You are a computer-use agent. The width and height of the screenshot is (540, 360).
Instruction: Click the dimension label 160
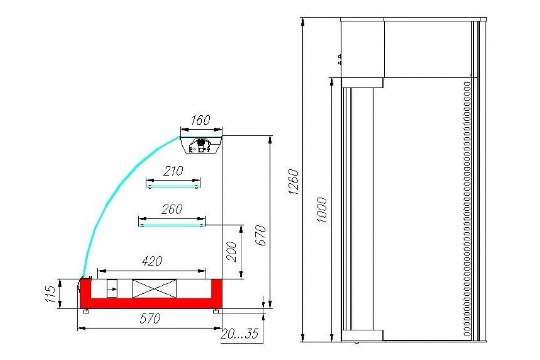coord(201,120)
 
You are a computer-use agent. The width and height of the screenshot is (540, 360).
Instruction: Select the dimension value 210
coord(173,171)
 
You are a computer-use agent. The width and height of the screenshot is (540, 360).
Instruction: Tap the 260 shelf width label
coord(172,209)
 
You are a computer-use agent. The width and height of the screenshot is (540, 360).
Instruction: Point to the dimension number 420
coord(152,261)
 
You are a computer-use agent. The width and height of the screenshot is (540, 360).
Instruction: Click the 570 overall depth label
coord(150,319)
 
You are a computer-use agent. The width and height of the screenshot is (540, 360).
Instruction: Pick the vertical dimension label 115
coord(50,294)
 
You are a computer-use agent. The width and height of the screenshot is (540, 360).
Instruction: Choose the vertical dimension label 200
coord(232,252)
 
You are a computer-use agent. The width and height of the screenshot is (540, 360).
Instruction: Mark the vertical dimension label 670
coord(261,235)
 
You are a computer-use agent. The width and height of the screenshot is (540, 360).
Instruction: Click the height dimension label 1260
coord(293,182)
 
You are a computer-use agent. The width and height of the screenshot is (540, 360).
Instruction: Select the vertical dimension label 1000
coord(322,210)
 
